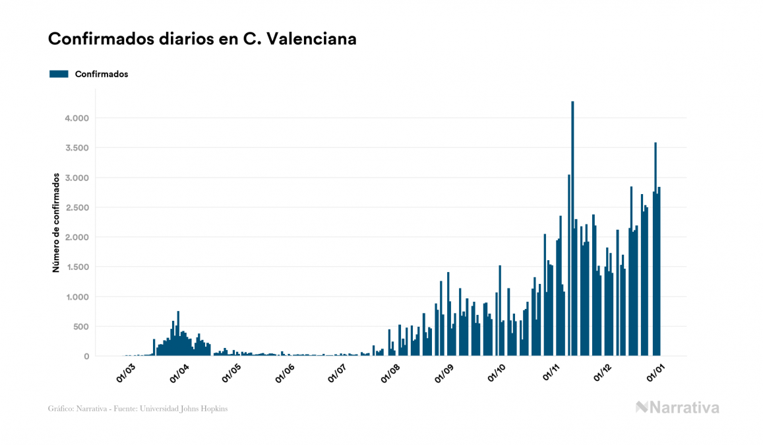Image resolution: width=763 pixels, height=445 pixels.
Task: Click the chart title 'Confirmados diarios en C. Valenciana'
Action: pyautogui.click(x=202, y=40)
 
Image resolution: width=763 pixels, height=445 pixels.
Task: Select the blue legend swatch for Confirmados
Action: pyautogui.click(x=59, y=74)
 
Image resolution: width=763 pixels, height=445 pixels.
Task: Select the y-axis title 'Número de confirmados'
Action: pyautogui.click(x=57, y=223)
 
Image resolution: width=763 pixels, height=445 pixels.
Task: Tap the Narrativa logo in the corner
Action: pyautogui.click(x=678, y=407)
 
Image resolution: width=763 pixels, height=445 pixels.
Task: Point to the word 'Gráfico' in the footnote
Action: pyautogui.click(x=61, y=409)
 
